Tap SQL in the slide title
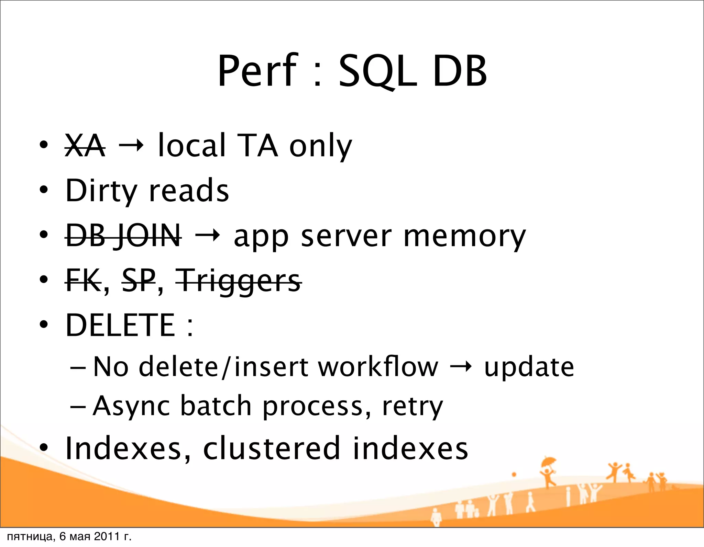pos(377,71)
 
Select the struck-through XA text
pos(85,146)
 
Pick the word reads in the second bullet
pos(188,191)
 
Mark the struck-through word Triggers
pos(239,282)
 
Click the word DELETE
pos(120,325)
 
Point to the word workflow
pos(378,367)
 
